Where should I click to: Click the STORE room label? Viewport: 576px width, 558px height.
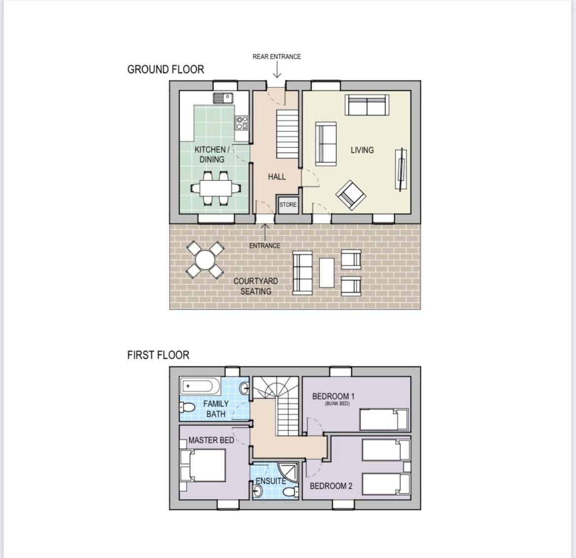[288, 204]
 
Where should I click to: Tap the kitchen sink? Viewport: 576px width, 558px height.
[223, 98]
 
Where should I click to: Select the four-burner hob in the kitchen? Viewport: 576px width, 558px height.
[242, 123]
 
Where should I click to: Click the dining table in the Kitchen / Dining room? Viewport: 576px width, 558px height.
[216, 188]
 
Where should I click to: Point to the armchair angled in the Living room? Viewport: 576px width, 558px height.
[351, 195]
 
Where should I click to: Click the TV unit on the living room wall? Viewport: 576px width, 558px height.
[401, 169]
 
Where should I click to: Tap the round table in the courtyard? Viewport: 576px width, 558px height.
[206, 260]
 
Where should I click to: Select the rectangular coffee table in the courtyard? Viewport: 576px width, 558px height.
[327, 273]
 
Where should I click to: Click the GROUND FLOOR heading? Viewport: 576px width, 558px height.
[165, 69]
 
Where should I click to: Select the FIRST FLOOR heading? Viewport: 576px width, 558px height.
[158, 355]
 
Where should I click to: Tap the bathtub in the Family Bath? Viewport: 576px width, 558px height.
[200, 387]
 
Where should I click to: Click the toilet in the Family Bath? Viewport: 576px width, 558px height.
[187, 407]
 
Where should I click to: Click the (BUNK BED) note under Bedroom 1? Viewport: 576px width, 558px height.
[337, 404]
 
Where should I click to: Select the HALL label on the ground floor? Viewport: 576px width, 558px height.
[276, 177]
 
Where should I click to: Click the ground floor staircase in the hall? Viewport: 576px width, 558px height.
[287, 134]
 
